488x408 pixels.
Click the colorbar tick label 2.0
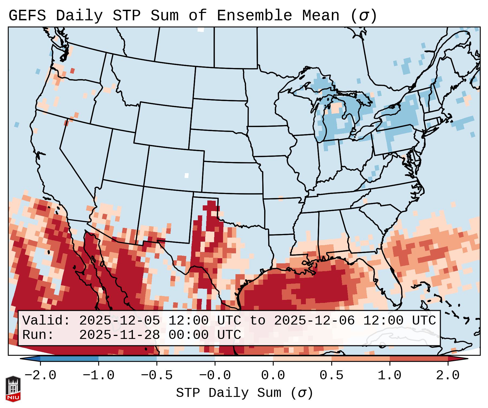pos(448,375)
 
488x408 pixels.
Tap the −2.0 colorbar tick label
pos(40,375)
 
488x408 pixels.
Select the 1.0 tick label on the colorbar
pos(389,375)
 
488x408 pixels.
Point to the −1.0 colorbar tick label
pos(99,375)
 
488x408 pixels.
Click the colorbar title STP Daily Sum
pos(244,393)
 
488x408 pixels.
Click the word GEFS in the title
pos(27,16)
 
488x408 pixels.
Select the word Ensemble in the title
pos(254,16)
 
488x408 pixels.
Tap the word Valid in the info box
pos(46,320)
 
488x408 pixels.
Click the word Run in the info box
pos(38,335)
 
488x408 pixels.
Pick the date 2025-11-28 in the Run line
pos(119,335)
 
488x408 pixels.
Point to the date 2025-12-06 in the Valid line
pos(314,320)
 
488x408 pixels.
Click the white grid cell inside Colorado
pos(186,175)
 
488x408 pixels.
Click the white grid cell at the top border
pos(201,30)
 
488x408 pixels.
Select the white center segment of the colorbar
pos(244,358)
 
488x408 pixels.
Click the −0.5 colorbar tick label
pos(157,375)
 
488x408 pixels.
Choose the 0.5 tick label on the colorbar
pos(331,375)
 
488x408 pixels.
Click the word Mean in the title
pos(321,16)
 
